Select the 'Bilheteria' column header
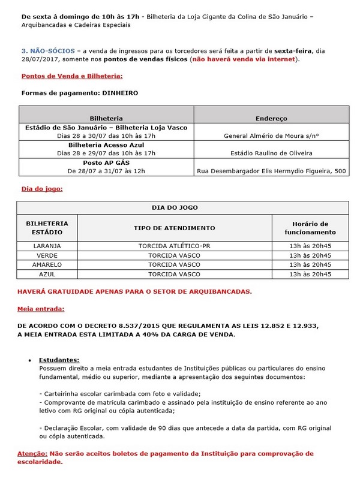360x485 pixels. tap(106, 119)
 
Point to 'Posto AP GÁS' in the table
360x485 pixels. tap(106, 162)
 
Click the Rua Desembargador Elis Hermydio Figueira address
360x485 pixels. tap(271, 171)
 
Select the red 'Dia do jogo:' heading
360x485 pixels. tap(42, 189)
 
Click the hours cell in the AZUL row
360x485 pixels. tap(310, 274)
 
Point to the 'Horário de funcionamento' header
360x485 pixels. tap(310, 228)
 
